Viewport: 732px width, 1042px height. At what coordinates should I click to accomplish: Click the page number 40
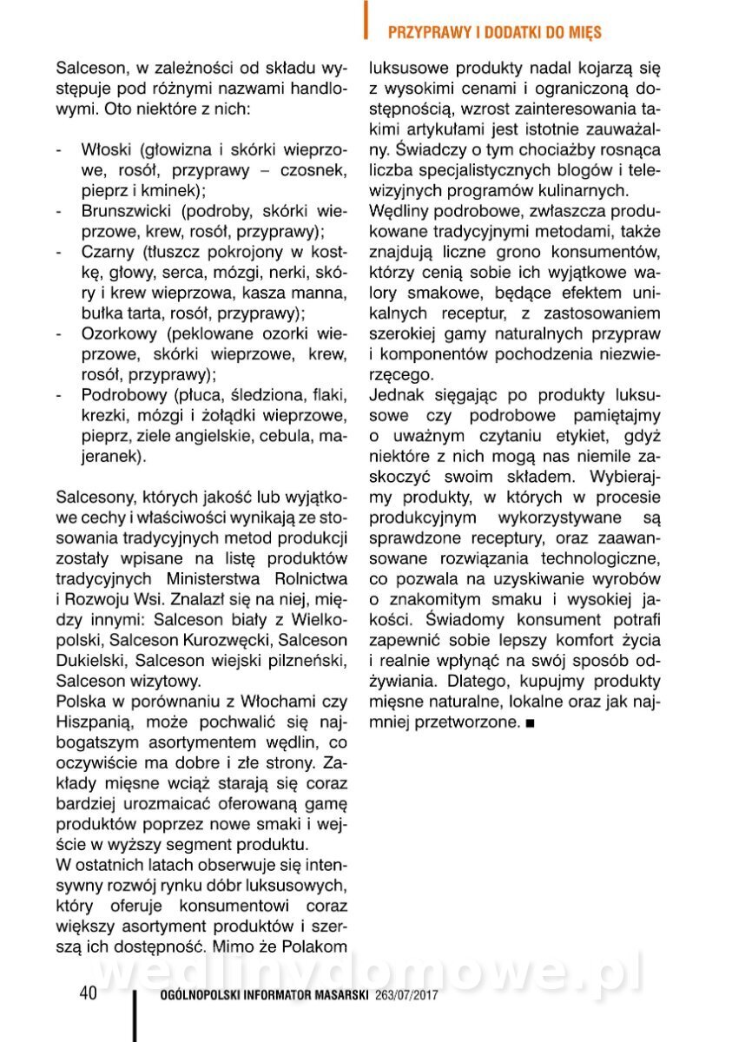tap(87, 993)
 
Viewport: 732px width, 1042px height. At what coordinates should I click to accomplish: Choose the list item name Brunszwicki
tap(126, 210)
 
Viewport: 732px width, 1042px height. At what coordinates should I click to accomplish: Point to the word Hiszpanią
tap(94, 723)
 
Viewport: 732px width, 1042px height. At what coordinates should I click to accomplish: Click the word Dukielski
tap(94, 661)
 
